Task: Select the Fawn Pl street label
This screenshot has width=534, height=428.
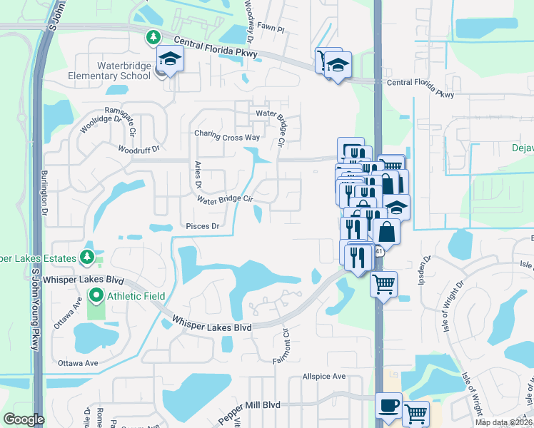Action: tap(271, 31)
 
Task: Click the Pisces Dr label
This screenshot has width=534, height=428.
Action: tap(203, 226)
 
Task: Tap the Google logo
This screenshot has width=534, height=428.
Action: tap(24, 419)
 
